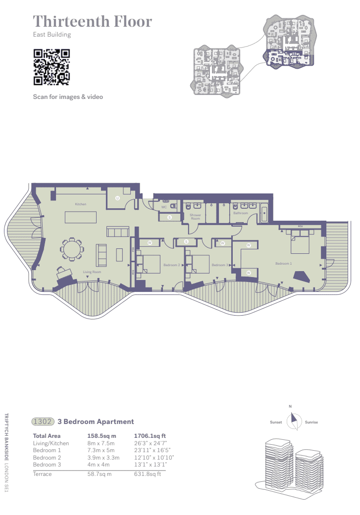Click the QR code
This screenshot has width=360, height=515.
51,67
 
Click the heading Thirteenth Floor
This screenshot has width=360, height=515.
92,22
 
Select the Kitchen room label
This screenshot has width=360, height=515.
81,204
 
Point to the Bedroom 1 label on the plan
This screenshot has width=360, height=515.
283,264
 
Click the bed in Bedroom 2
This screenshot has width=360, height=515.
152,263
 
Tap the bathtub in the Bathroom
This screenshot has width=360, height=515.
263,213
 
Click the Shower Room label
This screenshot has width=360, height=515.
196,217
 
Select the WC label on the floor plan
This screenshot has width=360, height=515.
163,207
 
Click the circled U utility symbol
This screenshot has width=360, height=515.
117,198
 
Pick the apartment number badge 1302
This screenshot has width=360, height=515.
42,421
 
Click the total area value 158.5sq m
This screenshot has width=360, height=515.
102,436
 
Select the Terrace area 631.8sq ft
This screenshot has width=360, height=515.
148,473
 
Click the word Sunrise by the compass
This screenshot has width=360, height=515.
311,422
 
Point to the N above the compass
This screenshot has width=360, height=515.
290,407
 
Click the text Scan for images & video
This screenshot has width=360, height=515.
68,97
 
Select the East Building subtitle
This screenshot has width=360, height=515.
52,35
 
